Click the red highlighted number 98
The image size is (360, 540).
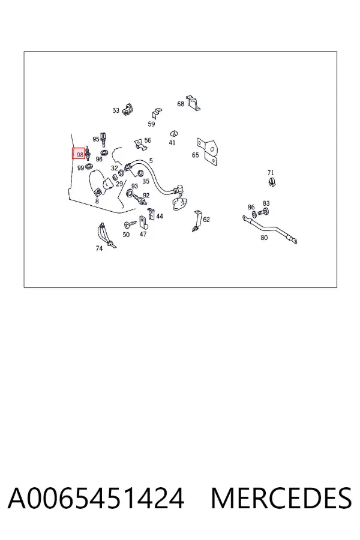80,155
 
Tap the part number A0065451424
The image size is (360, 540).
96,499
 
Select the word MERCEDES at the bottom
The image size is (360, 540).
281,499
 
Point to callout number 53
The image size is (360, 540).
116,110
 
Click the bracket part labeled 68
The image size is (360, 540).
193,103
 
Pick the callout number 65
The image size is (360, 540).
196,155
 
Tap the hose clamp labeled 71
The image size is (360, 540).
272,182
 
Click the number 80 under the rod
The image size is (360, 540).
264,238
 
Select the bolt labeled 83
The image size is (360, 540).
263,212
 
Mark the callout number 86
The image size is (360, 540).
251,207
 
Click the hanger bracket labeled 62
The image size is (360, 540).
197,221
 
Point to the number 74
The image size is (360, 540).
99,248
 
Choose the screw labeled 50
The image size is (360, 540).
130,225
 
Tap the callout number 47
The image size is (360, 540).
143,234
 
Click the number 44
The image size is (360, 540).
160,216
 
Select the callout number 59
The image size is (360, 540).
151,124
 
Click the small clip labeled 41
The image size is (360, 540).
173,134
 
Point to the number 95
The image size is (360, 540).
96,139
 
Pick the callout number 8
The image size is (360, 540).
97,201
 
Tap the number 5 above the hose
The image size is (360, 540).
151,161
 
